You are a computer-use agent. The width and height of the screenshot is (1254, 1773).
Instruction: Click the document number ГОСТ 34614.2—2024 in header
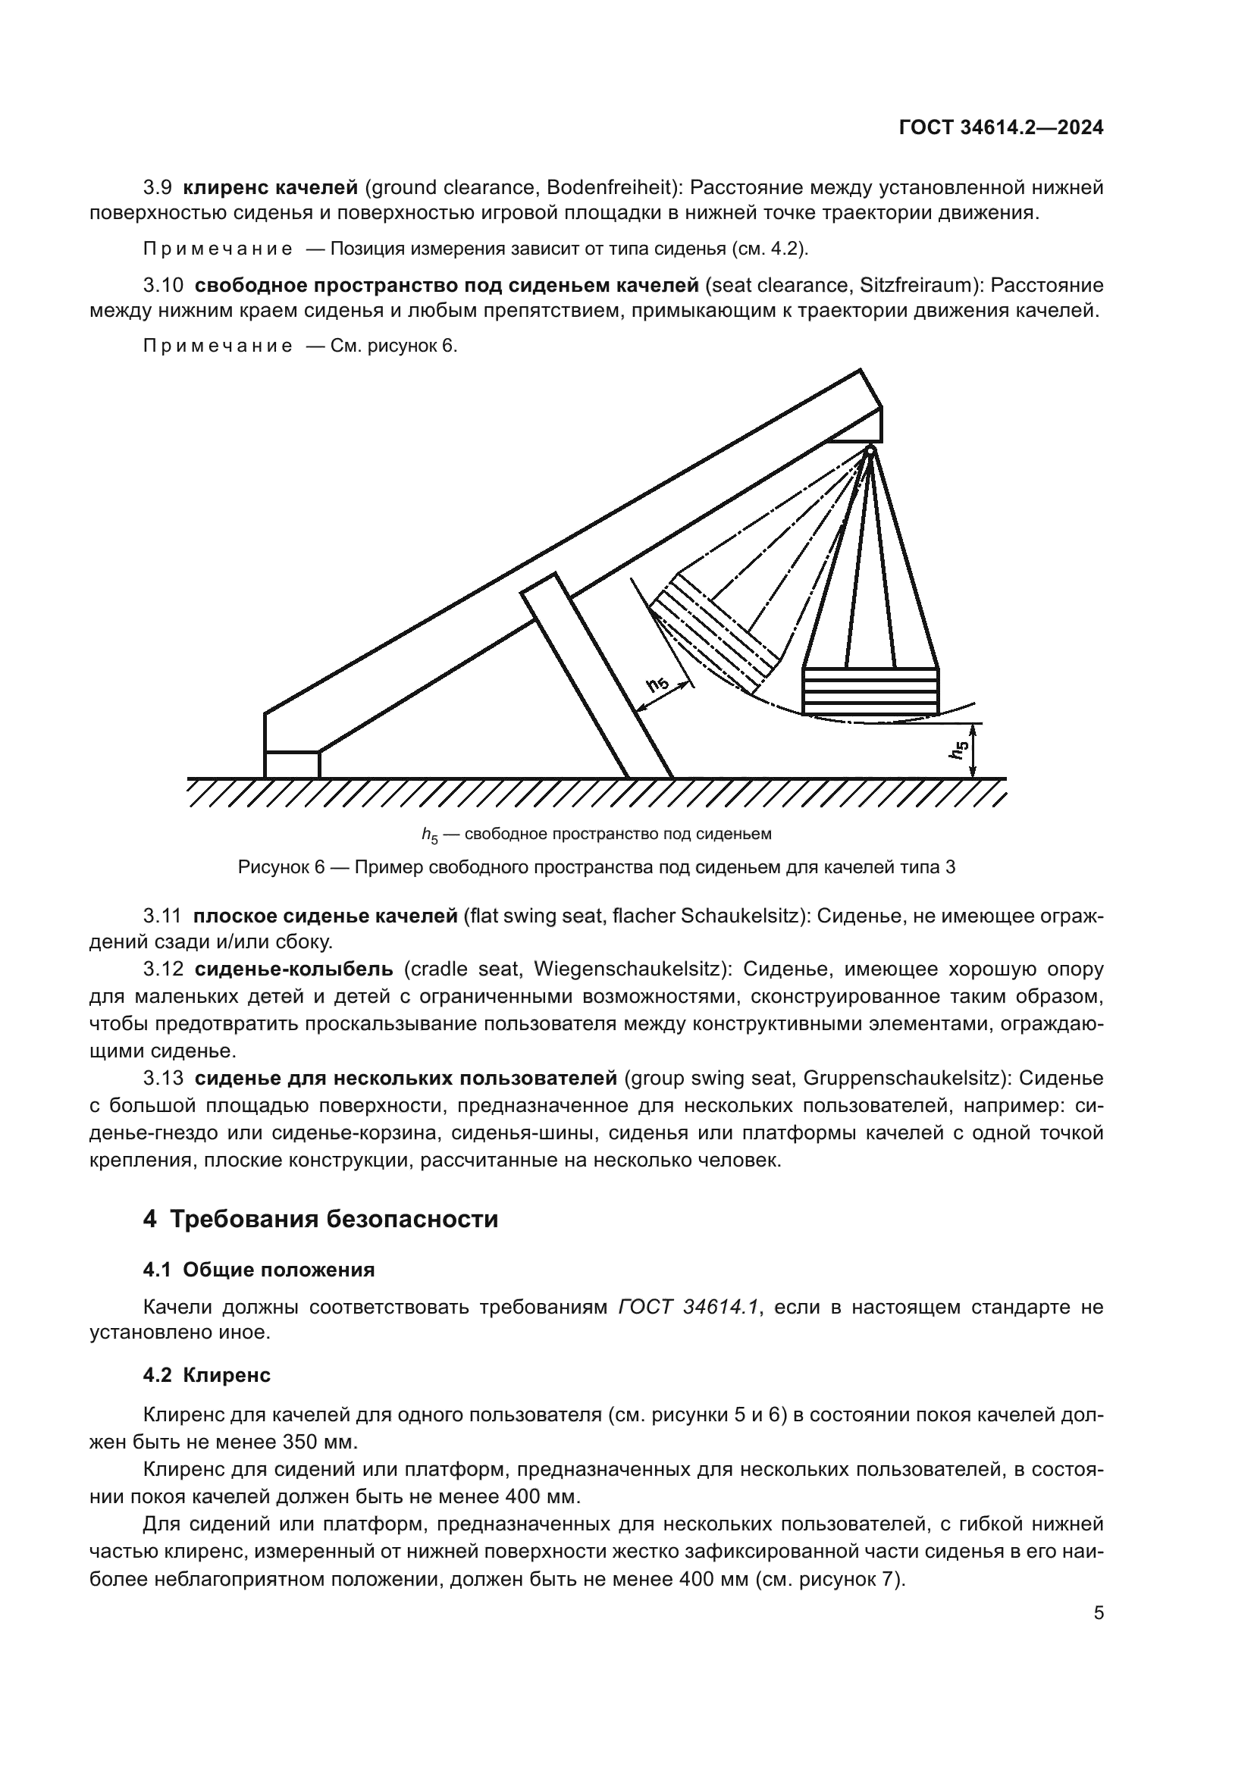point(1001,128)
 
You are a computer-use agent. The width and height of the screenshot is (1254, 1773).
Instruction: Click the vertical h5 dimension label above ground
point(960,750)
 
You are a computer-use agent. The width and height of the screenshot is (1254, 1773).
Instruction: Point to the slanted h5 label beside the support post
point(658,683)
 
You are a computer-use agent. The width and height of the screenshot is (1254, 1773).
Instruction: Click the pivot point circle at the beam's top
point(870,450)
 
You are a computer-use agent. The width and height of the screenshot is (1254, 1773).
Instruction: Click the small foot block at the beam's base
point(292,765)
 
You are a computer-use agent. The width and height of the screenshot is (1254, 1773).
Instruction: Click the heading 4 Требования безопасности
point(321,1220)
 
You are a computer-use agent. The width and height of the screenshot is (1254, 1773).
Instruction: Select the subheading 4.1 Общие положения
point(259,1270)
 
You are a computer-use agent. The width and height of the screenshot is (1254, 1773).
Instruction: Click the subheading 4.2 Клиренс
point(207,1375)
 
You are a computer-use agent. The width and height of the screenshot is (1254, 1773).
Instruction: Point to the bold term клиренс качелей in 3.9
point(270,188)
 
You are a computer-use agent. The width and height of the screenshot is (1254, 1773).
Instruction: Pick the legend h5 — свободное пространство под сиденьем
point(596,834)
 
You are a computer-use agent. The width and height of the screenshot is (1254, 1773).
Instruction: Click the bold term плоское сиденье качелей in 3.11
point(325,916)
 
